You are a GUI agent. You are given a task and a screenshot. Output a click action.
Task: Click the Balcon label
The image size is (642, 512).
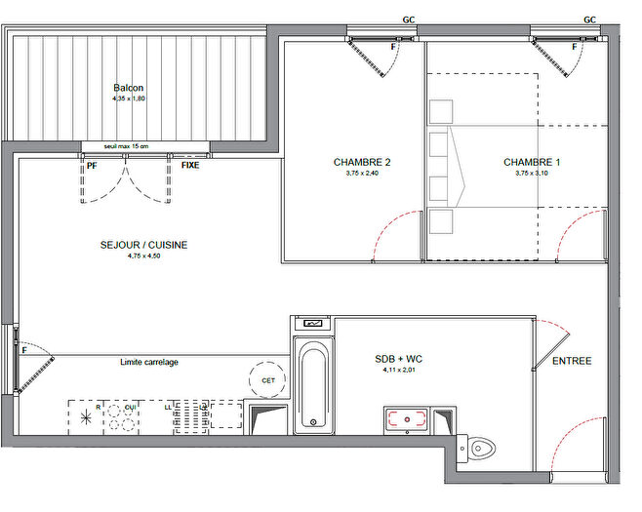click(128, 86)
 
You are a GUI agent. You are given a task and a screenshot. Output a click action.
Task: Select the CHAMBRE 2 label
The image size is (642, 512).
click(362, 162)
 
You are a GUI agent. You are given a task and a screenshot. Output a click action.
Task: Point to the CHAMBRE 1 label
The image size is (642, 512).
click(532, 162)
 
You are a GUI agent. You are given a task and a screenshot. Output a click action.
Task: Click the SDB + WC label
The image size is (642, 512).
click(401, 359)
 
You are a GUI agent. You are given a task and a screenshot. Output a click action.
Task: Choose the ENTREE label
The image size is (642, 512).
click(572, 361)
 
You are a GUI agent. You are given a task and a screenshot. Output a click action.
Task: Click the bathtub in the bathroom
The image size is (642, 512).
click(312, 388)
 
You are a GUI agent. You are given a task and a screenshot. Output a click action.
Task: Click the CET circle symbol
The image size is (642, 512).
click(268, 379)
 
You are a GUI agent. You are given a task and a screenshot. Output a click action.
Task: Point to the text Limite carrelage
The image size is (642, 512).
click(149, 362)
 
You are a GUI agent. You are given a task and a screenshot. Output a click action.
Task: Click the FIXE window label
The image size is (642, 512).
click(191, 166)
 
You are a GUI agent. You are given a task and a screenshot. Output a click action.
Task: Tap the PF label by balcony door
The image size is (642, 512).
click(93, 166)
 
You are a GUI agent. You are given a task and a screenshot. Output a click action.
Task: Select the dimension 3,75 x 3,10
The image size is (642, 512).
click(532, 174)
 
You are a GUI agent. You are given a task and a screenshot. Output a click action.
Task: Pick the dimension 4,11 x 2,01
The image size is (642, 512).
click(401, 371)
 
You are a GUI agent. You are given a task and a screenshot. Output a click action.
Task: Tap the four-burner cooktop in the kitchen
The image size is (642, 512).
click(122, 417)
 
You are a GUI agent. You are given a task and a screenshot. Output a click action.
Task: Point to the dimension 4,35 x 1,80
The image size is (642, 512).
click(128, 98)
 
